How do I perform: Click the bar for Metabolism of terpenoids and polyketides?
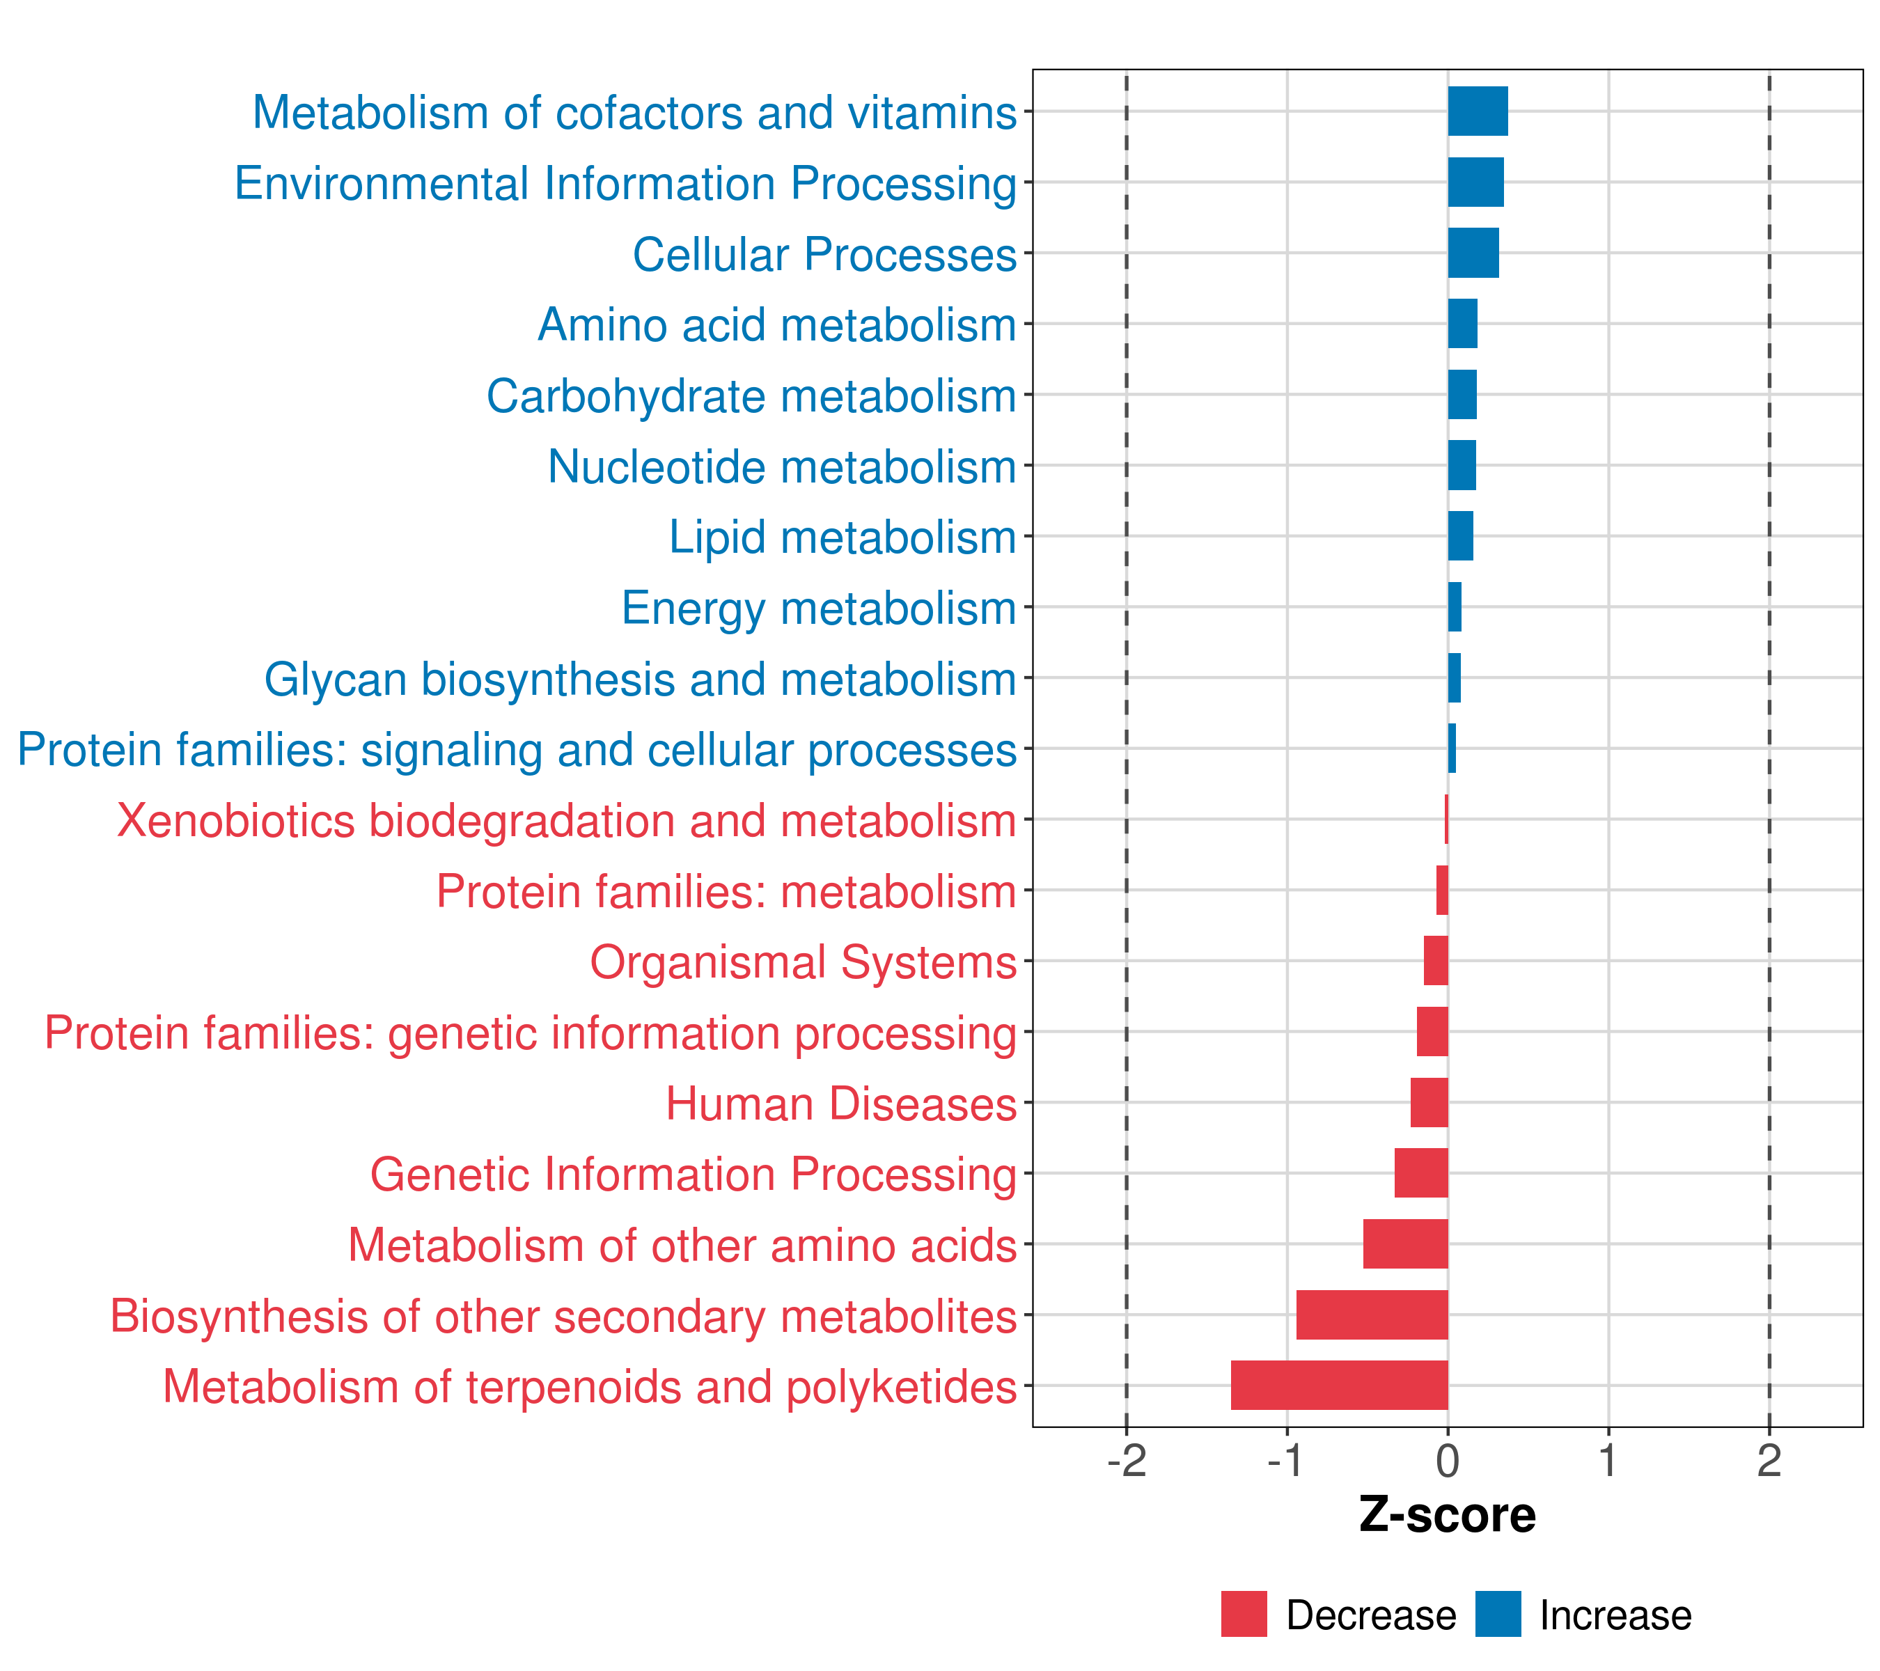pyautogui.click(x=1339, y=1385)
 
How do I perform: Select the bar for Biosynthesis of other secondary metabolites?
pyautogui.click(x=1372, y=1315)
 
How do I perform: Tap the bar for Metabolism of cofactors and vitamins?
pyautogui.click(x=1477, y=111)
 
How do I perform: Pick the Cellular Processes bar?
pyautogui.click(x=1473, y=253)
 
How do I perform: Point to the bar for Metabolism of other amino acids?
pyautogui.click(x=1405, y=1244)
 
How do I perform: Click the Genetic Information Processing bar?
pyautogui.click(x=1421, y=1172)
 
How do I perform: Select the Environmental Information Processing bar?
pyautogui.click(x=1475, y=182)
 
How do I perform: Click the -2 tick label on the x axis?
pyautogui.click(x=1127, y=1461)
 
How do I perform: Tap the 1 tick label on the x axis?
pyautogui.click(x=1608, y=1461)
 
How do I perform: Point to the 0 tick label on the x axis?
pyautogui.click(x=1448, y=1461)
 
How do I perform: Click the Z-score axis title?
pyautogui.click(x=1448, y=1516)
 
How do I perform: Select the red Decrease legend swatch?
pyautogui.click(x=1244, y=1614)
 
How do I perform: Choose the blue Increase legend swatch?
pyautogui.click(x=1497, y=1614)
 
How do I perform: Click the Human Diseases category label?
pyautogui.click(x=840, y=1104)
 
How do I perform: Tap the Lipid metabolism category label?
pyautogui.click(x=842, y=537)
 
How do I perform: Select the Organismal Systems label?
pyautogui.click(x=803, y=962)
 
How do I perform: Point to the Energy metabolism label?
pyautogui.click(x=819, y=608)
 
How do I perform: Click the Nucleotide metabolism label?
pyautogui.click(x=782, y=466)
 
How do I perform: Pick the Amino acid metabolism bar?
pyautogui.click(x=1462, y=324)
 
